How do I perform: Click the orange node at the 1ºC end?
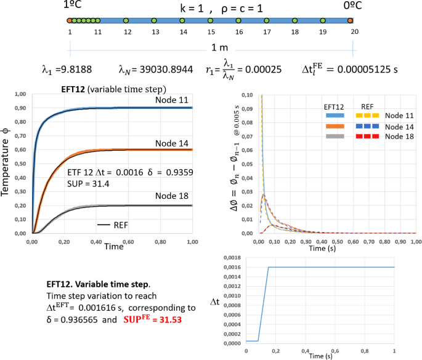[x=69, y=21]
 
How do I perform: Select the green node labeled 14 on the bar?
[x=182, y=21]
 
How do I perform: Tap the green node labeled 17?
[x=267, y=21]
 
